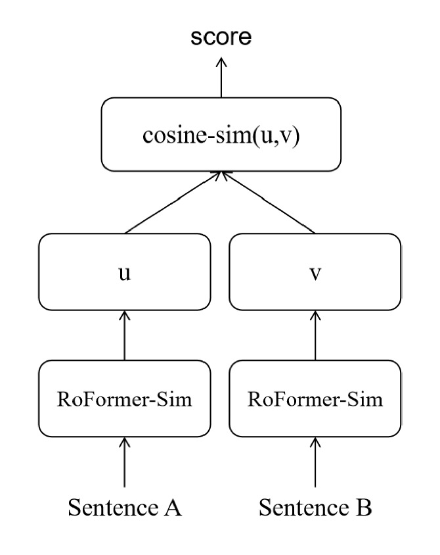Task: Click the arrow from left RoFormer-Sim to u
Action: tap(125, 335)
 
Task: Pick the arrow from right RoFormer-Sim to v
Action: tap(316, 335)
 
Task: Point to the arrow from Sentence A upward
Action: tap(125, 464)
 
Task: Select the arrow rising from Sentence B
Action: tap(316, 464)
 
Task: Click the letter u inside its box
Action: tap(125, 272)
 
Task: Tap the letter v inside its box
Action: tap(316, 272)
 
